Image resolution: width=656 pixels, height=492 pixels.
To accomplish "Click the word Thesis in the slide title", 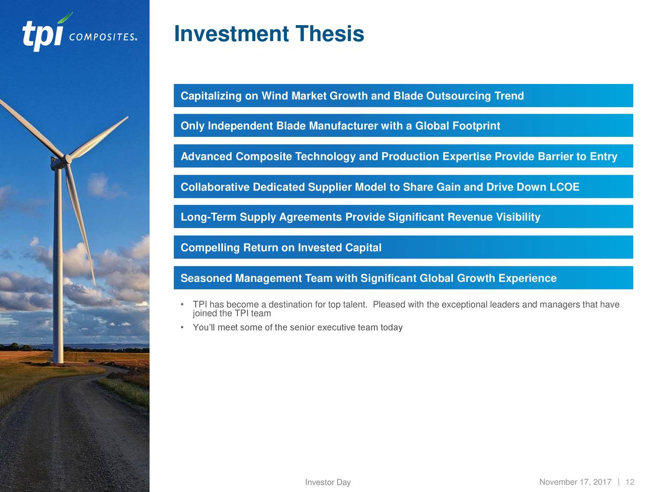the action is tap(330, 33).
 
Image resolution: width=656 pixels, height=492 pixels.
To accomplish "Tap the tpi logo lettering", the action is tap(43, 35).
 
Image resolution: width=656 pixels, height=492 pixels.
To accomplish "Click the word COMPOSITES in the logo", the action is tap(102, 37).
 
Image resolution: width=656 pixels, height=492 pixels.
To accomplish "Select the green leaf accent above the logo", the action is tap(65, 17).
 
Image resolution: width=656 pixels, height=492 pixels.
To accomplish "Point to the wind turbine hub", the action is tap(68, 159).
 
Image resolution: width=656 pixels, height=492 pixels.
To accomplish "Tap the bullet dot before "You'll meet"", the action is tap(182, 327).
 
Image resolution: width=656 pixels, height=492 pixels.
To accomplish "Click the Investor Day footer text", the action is tap(328, 482).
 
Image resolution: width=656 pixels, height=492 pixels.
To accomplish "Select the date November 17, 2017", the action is tap(576, 482).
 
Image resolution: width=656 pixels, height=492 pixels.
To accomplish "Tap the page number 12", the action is tap(630, 482).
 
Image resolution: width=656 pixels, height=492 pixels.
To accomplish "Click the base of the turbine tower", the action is tap(58, 362).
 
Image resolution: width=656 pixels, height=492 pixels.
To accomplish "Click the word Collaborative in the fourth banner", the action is tap(215, 187).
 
